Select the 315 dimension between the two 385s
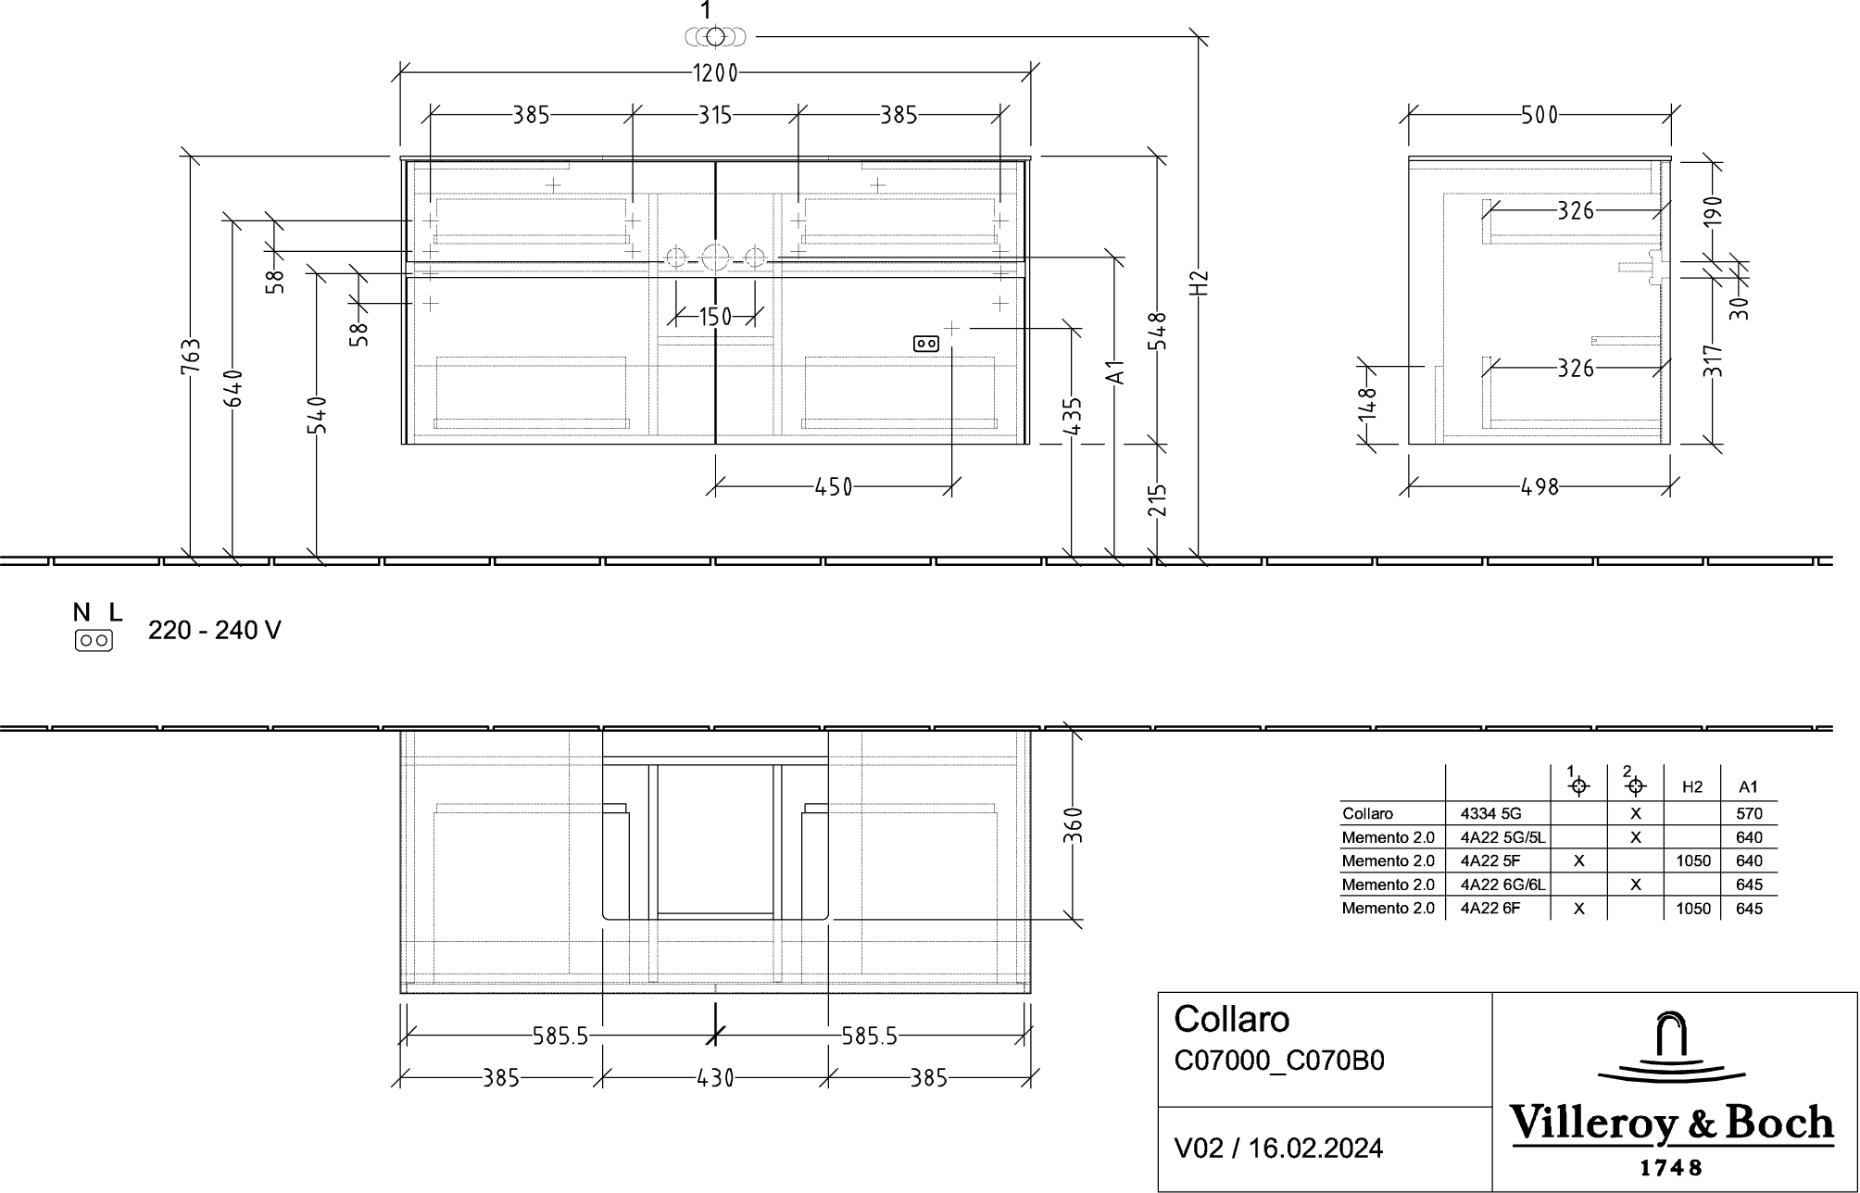715,115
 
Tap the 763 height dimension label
189,358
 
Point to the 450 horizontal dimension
834,487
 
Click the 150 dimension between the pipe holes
715,318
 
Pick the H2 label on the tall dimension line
1200,283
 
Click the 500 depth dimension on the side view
1540,115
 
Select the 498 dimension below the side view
1540,487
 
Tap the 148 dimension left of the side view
1367,404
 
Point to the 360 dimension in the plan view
1073,825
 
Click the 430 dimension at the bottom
715,1078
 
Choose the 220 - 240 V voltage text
215,631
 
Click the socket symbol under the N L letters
94,640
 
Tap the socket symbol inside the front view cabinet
926,344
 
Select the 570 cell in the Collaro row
1749,814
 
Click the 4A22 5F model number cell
1490,861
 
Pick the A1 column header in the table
1748,787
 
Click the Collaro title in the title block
1232,1020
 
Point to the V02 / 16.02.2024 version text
1279,1149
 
